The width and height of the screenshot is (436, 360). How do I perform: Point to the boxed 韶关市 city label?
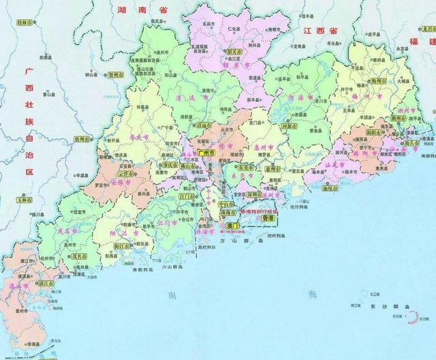pos(234,52)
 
